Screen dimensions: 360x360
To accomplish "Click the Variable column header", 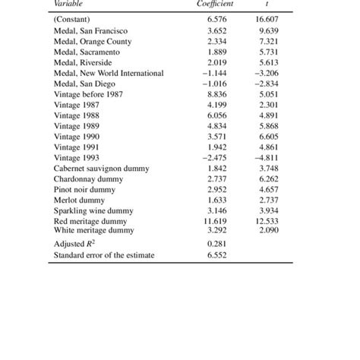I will [69, 4].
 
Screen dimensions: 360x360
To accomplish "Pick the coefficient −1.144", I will [217, 73].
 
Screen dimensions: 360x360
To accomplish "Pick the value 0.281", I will [219, 243].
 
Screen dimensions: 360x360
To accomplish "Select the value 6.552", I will [219, 255].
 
